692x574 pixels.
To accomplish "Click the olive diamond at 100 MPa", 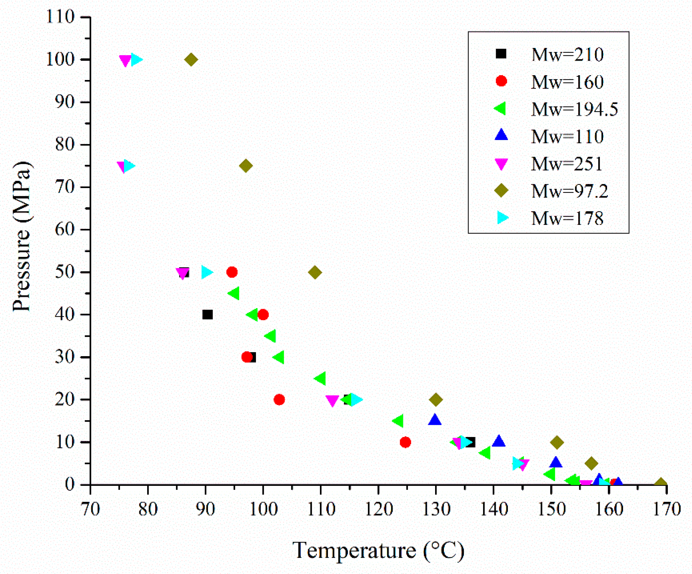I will click(191, 60).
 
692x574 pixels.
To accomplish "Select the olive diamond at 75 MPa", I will click(246, 166).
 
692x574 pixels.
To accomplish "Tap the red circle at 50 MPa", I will click(232, 272).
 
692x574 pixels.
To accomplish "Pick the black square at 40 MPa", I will click(207, 315).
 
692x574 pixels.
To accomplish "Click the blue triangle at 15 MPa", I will click(435, 420).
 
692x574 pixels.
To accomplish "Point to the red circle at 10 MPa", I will click(405, 442).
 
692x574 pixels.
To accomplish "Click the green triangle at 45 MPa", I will click(234, 293).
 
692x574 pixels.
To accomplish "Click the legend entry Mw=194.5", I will click(575, 109).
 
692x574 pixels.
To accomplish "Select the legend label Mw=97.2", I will click(569, 191).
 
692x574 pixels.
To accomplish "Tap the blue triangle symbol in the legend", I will click(501, 135).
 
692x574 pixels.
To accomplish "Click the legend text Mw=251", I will click(567, 164).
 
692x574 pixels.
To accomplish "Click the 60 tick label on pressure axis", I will click(65, 229).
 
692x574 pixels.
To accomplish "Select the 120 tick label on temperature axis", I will click(379, 509).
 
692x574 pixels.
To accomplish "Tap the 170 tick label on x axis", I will click(667, 509).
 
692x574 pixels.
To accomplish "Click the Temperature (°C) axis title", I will click(378, 550).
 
